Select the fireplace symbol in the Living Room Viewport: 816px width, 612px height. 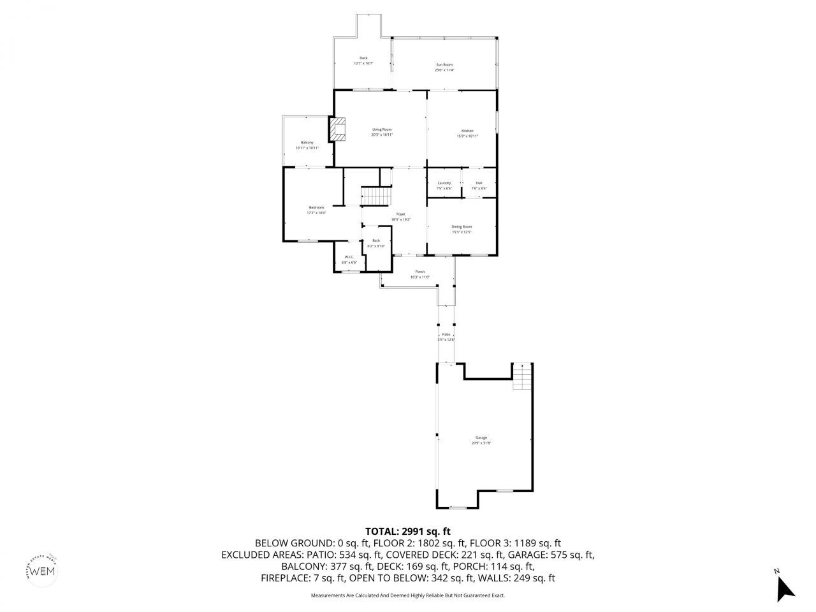pyautogui.click(x=338, y=129)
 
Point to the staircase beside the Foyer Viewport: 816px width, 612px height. pyautogui.click(x=375, y=196)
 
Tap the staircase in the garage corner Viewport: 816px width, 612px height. pyautogui.click(x=522, y=379)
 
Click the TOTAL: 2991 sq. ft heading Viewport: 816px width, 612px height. pyautogui.click(x=408, y=530)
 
